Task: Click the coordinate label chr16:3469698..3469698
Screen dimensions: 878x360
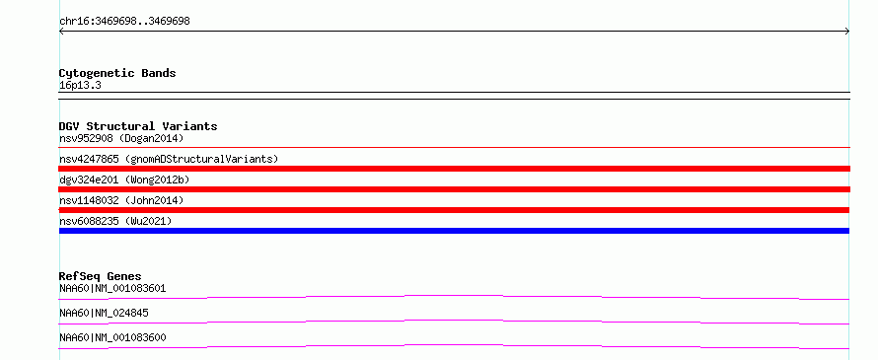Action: coord(124,22)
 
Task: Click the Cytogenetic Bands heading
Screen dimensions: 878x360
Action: coord(117,73)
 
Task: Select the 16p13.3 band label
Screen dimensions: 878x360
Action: coord(80,86)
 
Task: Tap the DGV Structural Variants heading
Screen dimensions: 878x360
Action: coord(138,126)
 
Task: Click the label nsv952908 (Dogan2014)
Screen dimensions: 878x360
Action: coord(121,138)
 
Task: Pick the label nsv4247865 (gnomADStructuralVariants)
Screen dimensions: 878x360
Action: coord(169,159)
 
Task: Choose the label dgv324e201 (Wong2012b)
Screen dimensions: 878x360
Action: coord(124,180)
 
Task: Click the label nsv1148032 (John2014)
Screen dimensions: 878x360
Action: coord(121,200)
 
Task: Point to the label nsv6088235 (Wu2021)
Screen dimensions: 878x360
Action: coord(115,221)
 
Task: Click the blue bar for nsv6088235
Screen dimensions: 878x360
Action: coord(454,231)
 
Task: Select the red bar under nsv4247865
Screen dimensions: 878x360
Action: coord(454,169)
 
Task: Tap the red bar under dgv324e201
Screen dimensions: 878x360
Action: coord(454,189)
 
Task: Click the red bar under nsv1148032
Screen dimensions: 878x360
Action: coord(454,210)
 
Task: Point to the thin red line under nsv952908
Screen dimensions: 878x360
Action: coord(454,148)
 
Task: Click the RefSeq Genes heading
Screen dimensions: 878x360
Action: coord(101,276)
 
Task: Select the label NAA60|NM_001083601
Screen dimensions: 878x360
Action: coord(112,288)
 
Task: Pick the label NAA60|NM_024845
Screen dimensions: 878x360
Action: coord(104,313)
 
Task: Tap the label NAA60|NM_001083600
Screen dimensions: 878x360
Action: coord(112,337)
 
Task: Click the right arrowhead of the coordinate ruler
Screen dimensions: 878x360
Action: coord(848,32)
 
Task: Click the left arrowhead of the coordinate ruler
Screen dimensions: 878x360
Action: coord(60,32)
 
